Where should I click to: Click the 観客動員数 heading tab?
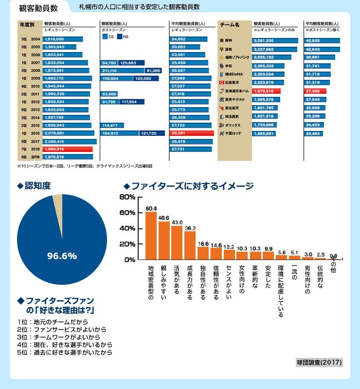pyautogui.click(x=38, y=8)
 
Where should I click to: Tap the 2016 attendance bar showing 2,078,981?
pyautogui.click(x=69, y=133)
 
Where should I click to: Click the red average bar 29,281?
pyautogui.click(x=192, y=133)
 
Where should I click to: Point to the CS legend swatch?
pyautogui.click(x=105, y=37)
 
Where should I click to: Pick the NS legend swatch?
pyautogui.click(x=119, y=37)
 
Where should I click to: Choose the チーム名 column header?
pyautogui.click(x=230, y=24)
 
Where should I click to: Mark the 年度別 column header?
pyautogui.click(x=26, y=24)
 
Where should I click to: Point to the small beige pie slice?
pyautogui.click(x=57, y=197)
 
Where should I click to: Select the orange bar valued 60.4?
pyautogui.click(x=151, y=236)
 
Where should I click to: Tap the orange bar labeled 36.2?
pyautogui.click(x=190, y=245)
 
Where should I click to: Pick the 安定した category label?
pyautogui.click(x=268, y=278)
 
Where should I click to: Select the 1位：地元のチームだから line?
pyautogui.click(x=53, y=322)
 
